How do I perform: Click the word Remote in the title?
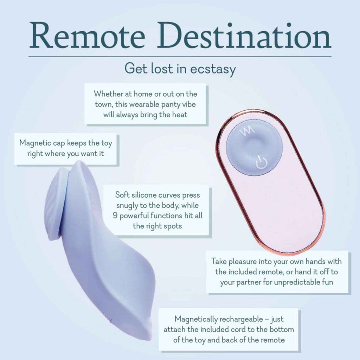87,35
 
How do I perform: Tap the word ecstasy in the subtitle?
213,69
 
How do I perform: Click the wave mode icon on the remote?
247,131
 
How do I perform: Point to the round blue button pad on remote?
254,147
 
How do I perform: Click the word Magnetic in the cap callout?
35,143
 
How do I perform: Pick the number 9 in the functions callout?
115,216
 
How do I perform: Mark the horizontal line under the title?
180,57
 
